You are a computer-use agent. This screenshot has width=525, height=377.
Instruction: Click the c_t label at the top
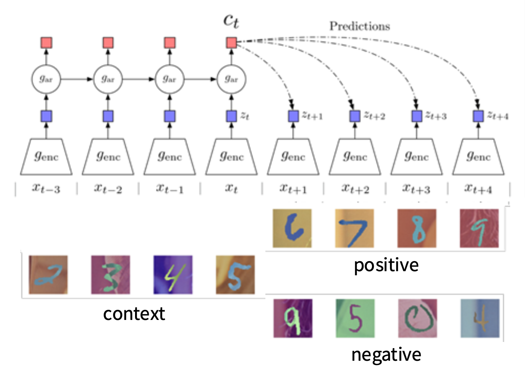coord(231,21)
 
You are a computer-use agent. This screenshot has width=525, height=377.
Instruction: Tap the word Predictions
coord(360,26)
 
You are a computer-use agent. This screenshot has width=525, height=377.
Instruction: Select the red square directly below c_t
coord(231,43)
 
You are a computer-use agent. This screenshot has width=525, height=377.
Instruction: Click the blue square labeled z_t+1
coord(293,116)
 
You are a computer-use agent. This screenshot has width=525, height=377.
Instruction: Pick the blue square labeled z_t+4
coord(478,116)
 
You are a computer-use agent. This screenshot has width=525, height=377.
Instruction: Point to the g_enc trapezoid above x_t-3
coord(46,157)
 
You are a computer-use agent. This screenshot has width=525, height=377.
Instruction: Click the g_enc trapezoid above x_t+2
coord(355,157)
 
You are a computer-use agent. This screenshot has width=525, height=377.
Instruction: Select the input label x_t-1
coord(169,188)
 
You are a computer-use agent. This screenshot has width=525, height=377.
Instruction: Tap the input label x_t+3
coord(416,188)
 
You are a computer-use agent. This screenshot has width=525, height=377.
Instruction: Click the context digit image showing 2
coord(48,275)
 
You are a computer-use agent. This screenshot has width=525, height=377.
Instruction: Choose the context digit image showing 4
coord(173,275)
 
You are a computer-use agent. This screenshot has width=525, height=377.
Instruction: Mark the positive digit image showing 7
coord(354,228)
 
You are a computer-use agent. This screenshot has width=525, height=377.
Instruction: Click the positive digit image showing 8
coord(417,228)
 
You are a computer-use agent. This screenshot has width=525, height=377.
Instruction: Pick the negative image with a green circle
coord(417,318)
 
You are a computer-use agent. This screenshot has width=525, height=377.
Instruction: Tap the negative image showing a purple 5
coord(355,318)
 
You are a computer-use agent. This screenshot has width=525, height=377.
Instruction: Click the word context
coord(134,313)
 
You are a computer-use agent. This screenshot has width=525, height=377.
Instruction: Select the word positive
coord(386,265)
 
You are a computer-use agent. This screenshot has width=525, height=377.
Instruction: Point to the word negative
coord(386,354)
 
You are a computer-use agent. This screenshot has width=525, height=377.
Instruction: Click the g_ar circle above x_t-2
coord(108,79)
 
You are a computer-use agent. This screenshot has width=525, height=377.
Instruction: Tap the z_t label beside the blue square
coord(245,116)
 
